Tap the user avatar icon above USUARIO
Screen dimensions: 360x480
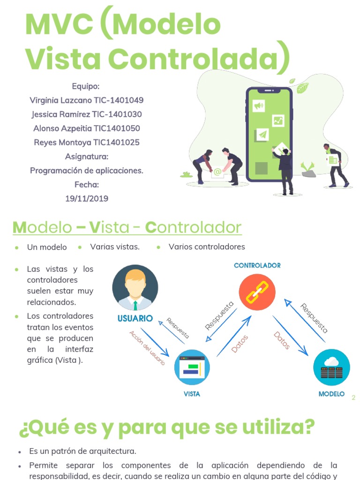coord(135,287)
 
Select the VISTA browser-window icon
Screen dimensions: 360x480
coord(192,367)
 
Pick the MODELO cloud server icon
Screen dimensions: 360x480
coord(331,367)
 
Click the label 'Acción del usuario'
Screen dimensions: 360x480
coord(147,348)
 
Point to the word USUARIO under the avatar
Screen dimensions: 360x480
coord(135,318)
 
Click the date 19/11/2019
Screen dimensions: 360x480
coord(87,198)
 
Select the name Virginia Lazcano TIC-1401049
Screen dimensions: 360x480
coord(87,100)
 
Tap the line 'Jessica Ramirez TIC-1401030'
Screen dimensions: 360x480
coord(87,114)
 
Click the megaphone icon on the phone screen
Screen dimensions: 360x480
coord(259,106)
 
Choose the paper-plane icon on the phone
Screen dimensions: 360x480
coord(262,135)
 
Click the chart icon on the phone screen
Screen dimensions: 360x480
coord(278,121)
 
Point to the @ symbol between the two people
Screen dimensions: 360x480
coord(217,172)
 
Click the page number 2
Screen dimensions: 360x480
coord(353,397)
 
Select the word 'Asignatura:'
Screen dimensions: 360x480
coord(87,157)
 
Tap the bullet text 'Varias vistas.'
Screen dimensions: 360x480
coord(115,247)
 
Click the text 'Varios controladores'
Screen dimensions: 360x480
coord(207,247)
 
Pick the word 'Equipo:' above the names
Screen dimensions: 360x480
coord(86,86)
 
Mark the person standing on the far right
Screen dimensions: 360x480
coord(336,165)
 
